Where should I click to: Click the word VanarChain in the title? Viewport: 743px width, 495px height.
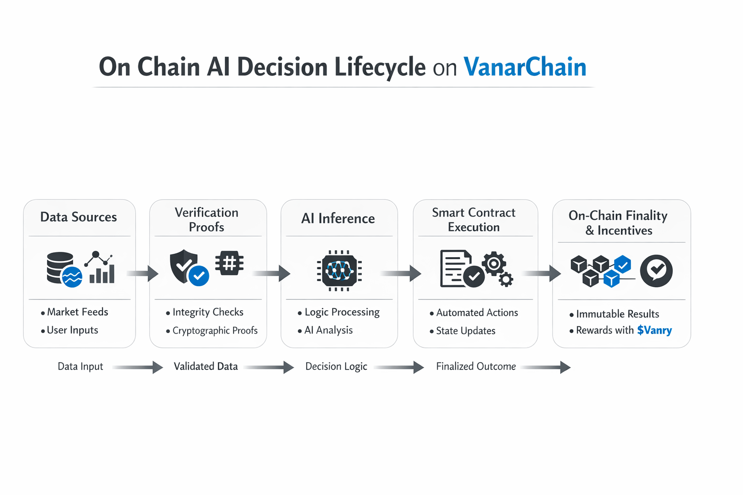pyautogui.click(x=525, y=67)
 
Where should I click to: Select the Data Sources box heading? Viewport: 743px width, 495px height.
pyautogui.click(x=78, y=217)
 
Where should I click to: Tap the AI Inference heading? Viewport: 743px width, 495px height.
pyautogui.click(x=338, y=218)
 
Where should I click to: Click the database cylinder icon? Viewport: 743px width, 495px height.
pyautogui.click(x=60, y=267)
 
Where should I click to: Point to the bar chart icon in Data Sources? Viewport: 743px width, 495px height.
pyautogui.click(x=102, y=273)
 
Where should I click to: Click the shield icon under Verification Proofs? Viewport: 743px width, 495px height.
pyautogui.click(x=183, y=265)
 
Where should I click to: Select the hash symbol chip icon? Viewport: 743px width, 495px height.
pyautogui.click(x=229, y=263)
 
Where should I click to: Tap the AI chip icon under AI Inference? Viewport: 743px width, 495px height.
pyautogui.click(x=339, y=271)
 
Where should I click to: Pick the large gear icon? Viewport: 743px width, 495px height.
pyautogui.click(x=494, y=263)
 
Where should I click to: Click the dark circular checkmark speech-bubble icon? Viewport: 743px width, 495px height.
pyautogui.click(x=656, y=271)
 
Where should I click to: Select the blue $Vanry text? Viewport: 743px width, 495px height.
pyautogui.click(x=654, y=330)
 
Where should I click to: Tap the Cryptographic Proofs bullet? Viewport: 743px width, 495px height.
pyautogui.click(x=215, y=331)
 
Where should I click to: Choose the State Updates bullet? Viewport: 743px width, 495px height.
pyautogui.click(x=465, y=331)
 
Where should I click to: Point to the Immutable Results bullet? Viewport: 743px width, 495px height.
pyautogui.click(x=617, y=314)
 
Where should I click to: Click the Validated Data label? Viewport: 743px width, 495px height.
pyautogui.click(x=206, y=366)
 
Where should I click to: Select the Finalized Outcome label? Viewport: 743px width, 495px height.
pyautogui.click(x=476, y=366)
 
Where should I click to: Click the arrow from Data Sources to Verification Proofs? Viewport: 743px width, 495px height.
pyautogui.click(x=143, y=273)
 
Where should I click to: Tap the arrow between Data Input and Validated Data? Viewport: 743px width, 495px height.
pyautogui.click(x=138, y=367)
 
